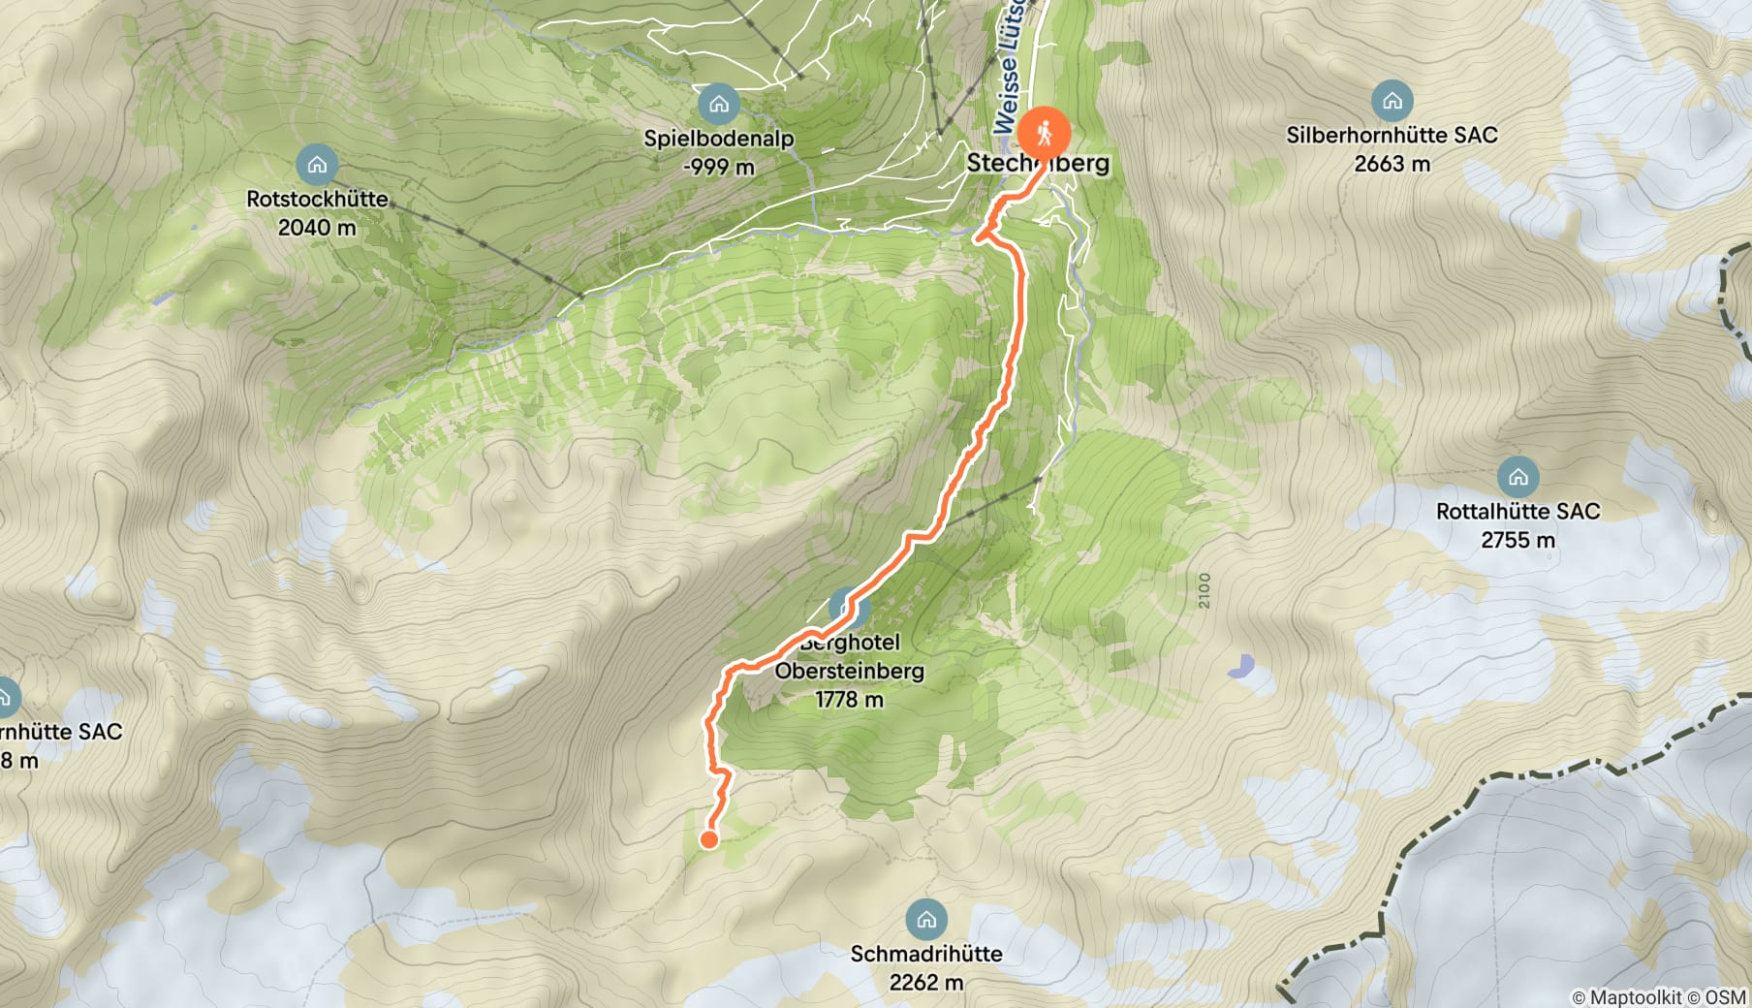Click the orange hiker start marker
click(x=1044, y=133)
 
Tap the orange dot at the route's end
click(x=709, y=839)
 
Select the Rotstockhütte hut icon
click(x=317, y=165)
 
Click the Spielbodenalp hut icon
click(x=718, y=104)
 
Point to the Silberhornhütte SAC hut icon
click(x=1392, y=101)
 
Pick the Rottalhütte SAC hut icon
click(x=1517, y=477)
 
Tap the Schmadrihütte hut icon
click(x=926, y=920)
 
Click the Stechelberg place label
click(x=1038, y=163)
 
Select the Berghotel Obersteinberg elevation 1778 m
click(x=849, y=700)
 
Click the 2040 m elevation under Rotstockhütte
click(x=317, y=228)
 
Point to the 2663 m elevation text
click(x=1392, y=164)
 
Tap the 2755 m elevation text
click(x=1517, y=540)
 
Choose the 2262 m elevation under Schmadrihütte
click(x=926, y=983)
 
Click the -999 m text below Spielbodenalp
click(x=718, y=167)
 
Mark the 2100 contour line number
click(x=1204, y=590)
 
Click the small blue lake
click(x=1241, y=666)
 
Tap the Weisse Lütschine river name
click(x=1009, y=68)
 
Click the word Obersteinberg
click(x=849, y=671)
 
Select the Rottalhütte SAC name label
click(x=1517, y=511)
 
